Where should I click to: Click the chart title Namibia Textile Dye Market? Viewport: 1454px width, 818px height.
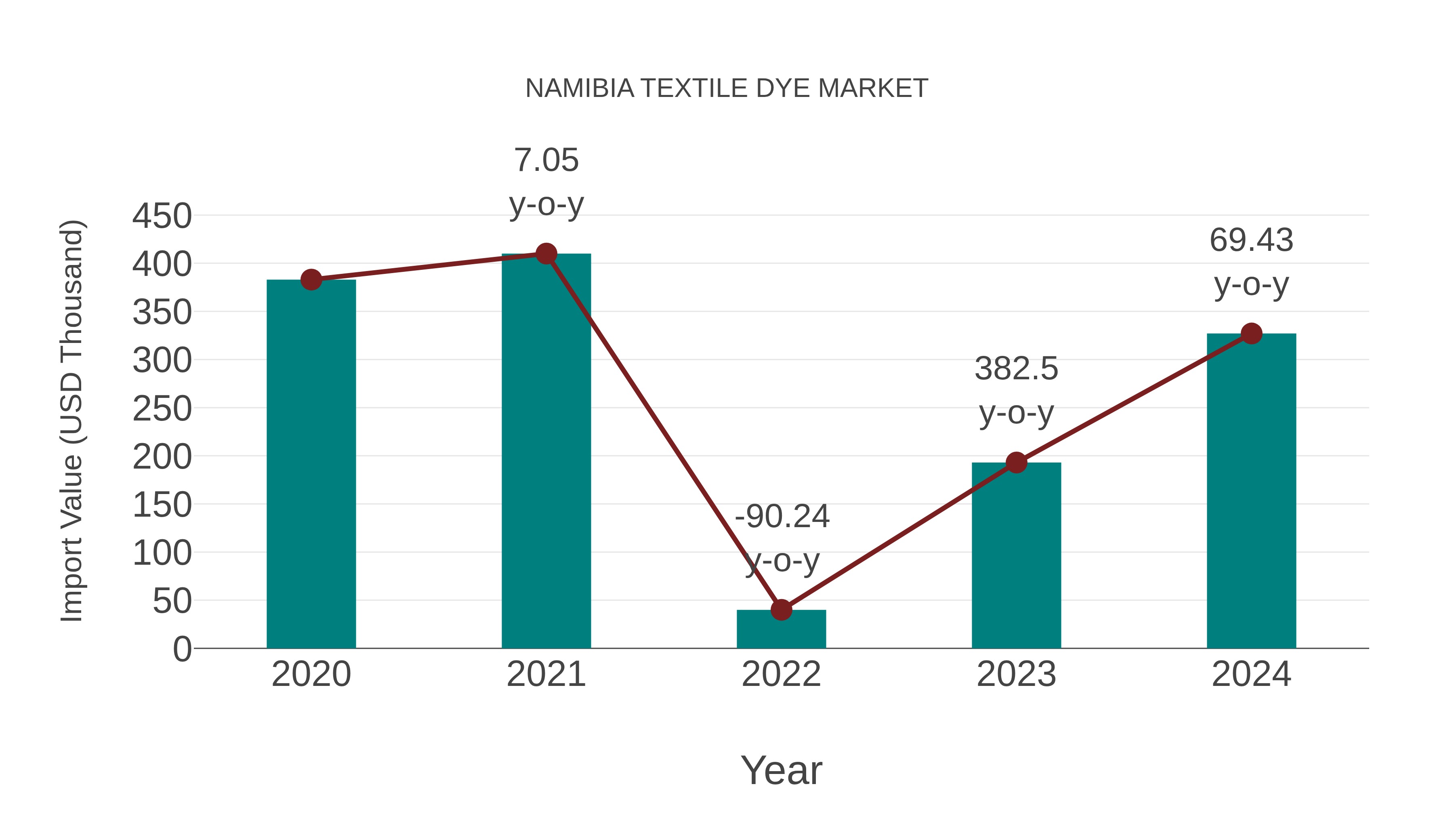tap(727, 88)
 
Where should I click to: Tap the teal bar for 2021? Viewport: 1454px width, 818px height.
tap(546, 452)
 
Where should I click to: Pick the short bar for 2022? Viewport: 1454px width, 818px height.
tap(781, 629)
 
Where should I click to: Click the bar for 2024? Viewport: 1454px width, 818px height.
tap(1251, 491)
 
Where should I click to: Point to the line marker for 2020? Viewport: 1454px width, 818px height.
tap(311, 280)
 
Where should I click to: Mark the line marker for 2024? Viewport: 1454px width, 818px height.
tap(1251, 334)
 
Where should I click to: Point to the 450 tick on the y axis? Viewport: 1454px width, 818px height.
tap(162, 216)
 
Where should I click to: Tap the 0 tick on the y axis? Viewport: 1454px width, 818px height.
tap(182, 649)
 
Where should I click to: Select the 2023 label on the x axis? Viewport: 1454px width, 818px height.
tap(1016, 674)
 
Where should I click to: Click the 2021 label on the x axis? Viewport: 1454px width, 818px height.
tap(546, 674)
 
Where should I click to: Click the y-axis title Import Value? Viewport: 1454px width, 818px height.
tap(71, 421)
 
